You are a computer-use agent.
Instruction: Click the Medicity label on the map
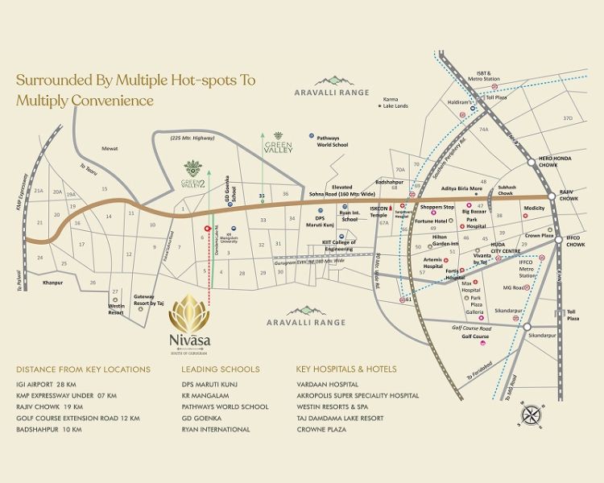tap(534, 208)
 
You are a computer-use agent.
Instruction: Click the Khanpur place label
tap(53, 283)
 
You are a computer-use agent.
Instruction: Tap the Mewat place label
tap(110, 148)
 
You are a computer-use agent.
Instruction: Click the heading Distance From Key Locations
tap(83, 369)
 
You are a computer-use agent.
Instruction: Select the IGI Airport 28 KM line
tap(51, 384)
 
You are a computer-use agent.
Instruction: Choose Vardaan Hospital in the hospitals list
tap(327, 384)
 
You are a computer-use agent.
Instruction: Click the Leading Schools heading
tap(221, 369)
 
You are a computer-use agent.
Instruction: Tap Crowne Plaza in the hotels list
tap(321, 430)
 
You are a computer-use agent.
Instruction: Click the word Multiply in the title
tap(51, 101)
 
